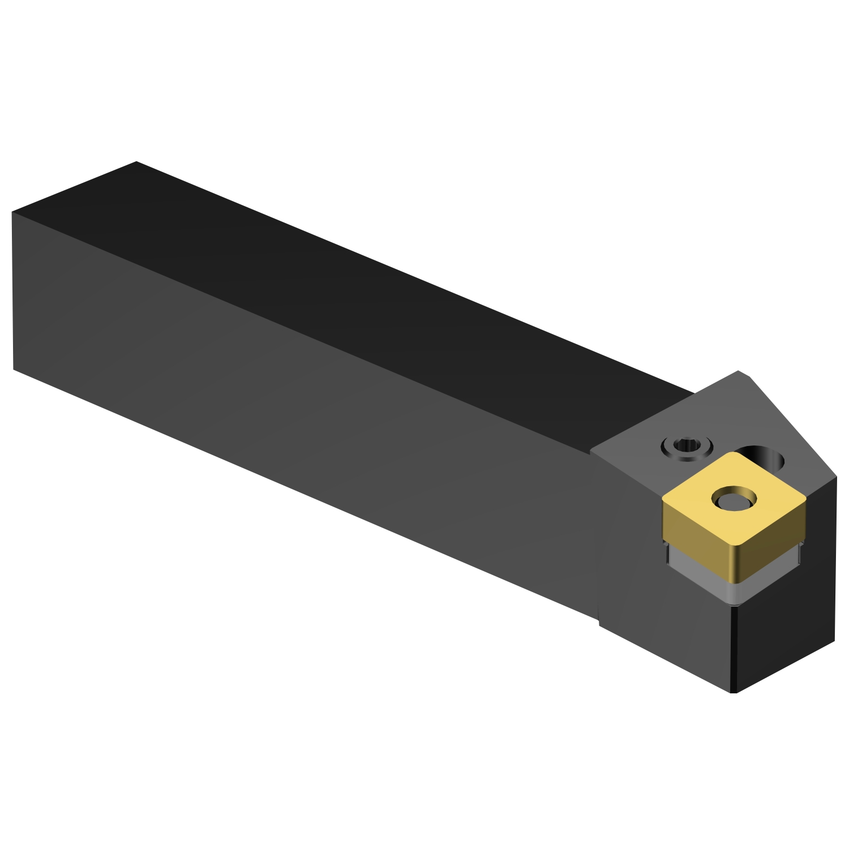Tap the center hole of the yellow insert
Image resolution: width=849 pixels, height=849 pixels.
(x=734, y=500)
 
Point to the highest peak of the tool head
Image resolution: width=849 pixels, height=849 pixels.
(x=739, y=371)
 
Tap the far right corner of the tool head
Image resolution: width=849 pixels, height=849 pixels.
(x=836, y=477)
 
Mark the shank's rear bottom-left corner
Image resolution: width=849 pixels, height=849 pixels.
(x=14, y=370)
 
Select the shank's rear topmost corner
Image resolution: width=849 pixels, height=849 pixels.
(x=136, y=162)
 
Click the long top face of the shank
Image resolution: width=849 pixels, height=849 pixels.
(x=368, y=294)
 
